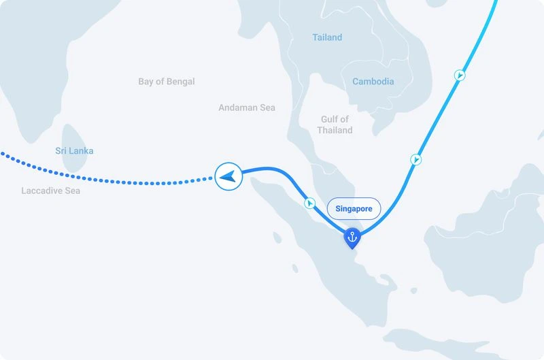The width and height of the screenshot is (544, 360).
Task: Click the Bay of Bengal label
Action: coord(166,82)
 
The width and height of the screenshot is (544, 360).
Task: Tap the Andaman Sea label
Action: coord(247,108)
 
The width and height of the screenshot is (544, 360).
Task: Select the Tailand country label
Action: coord(327,37)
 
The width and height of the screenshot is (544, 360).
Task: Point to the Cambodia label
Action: coord(373,82)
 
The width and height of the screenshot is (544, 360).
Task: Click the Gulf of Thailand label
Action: coord(335,125)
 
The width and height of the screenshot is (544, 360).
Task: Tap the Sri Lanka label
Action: coord(74,150)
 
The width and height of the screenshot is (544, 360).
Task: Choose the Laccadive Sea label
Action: coord(50,191)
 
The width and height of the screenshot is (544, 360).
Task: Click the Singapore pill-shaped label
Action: coord(354,209)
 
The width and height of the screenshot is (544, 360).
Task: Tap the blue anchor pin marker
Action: coord(352,238)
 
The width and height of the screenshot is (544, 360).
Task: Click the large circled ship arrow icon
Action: coord(228,177)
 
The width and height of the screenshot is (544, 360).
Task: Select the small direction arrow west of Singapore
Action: coord(309,203)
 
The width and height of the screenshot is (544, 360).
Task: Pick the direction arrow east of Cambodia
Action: coord(460,75)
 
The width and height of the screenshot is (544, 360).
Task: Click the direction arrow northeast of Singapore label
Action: coord(415,159)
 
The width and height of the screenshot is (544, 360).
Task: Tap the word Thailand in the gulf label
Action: coord(335,130)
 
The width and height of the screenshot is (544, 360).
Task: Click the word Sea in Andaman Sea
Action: coord(267,108)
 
